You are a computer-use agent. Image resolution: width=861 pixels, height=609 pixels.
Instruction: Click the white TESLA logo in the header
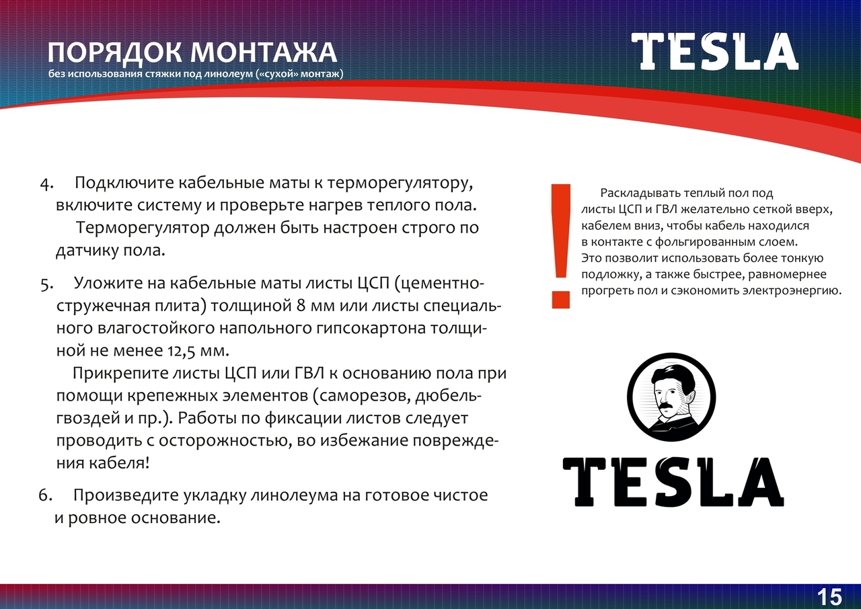point(715,51)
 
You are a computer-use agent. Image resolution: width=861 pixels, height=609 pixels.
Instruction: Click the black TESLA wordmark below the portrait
point(673,482)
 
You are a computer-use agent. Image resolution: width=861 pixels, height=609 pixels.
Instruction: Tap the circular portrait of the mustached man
point(671,397)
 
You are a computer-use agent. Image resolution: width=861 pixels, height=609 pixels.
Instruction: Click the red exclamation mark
point(561,246)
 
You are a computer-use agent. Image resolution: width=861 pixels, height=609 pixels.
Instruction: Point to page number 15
point(830,598)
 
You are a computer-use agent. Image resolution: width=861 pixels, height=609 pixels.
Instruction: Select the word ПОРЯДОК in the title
point(114,52)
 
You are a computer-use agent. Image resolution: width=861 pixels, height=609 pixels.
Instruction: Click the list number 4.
point(46,184)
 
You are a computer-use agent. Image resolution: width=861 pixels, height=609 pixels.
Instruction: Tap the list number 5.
point(46,285)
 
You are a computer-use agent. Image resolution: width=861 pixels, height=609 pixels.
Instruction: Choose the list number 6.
point(45,495)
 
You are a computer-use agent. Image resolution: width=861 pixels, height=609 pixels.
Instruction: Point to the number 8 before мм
point(301,306)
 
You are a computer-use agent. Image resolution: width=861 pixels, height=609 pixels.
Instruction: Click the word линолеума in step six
point(294,495)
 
